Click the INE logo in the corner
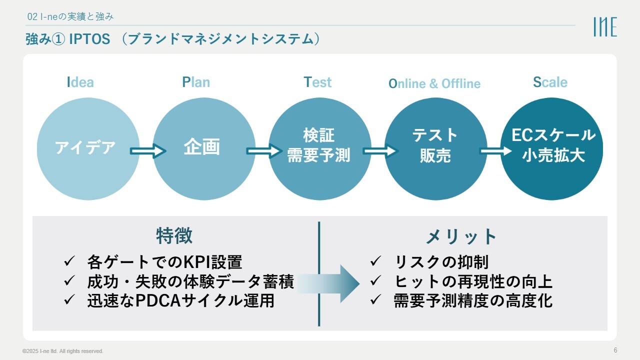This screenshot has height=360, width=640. click(x=605, y=27)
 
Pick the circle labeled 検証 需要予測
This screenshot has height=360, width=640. click(x=319, y=148)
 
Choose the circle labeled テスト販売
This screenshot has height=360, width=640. click(x=435, y=148)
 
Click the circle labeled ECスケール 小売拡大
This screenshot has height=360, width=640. click(x=552, y=148)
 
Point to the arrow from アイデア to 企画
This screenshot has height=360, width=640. click(x=147, y=150)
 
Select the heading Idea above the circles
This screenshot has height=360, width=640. click(x=80, y=82)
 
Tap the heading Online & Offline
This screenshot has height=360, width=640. click(x=434, y=83)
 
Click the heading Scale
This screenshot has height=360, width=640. click(x=550, y=82)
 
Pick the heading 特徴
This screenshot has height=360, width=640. click(x=174, y=236)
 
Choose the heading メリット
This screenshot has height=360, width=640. click(x=461, y=236)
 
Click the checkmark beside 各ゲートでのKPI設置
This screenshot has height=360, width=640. click(x=69, y=261)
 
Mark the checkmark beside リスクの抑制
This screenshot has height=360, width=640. click(x=375, y=261)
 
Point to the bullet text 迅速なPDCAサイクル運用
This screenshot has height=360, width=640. click(x=180, y=301)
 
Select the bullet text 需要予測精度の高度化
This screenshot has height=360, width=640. click(x=473, y=301)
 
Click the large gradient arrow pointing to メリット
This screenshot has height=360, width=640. click(x=327, y=283)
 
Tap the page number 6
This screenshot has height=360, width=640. click(x=615, y=350)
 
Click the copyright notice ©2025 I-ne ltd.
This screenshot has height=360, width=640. click(x=63, y=351)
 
